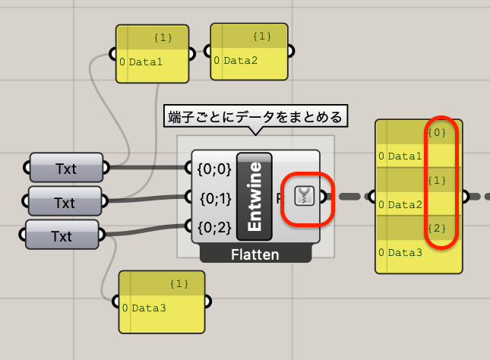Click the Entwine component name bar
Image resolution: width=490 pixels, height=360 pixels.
click(x=254, y=196)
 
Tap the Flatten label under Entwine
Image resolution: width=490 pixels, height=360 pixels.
click(x=255, y=254)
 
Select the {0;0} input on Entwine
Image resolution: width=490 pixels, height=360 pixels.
click(x=214, y=169)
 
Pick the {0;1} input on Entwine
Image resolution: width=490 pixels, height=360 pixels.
click(x=216, y=198)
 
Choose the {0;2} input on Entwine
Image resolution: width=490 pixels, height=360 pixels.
click(x=214, y=227)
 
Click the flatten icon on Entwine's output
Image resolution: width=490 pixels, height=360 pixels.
click(x=304, y=196)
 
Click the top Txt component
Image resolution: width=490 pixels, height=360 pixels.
click(x=66, y=168)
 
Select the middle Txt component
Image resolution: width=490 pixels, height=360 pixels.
click(x=65, y=201)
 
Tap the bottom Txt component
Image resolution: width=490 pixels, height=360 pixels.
click(x=62, y=235)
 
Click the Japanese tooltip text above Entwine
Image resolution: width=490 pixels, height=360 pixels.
click(x=255, y=117)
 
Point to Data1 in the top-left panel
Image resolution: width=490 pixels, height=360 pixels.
click(x=146, y=62)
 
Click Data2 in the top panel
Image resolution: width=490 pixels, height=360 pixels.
click(x=240, y=60)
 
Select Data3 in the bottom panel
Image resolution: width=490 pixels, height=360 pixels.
click(x=149, y=308)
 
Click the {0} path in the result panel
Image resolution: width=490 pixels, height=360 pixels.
click(x=437, y=132)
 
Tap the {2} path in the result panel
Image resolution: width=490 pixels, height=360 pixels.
click(x=437, y=229)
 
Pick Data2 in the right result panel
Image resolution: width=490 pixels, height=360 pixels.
click(x=405, y=205)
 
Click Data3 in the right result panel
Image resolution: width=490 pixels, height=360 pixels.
click(x=405, y=252)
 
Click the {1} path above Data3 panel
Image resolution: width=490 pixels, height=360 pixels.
click(x=179, y=284)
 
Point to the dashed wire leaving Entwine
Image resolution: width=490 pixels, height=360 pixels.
click(x=348, y=197)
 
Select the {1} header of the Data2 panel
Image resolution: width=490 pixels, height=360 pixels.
click(x=262, y=36)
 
